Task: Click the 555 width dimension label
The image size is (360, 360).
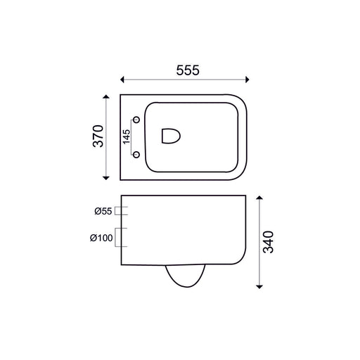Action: coord(188,70)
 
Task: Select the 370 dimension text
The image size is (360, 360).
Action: coord(98,136)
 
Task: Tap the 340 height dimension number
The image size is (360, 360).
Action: coord(269,242)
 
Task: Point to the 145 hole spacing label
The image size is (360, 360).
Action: coord(127,136)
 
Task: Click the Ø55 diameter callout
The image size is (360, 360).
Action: coord(103,211)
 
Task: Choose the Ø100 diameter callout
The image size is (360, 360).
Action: coord(101,238)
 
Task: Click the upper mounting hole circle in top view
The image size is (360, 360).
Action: coord(136,120)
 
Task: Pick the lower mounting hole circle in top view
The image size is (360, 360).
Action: coord(136,155)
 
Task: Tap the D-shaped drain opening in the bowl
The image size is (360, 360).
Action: coord(171,136)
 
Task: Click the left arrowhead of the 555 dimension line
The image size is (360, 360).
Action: coord(122,79)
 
